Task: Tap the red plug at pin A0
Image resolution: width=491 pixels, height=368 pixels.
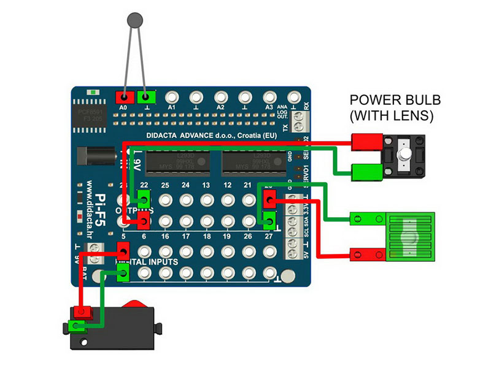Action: [x=125, y=97]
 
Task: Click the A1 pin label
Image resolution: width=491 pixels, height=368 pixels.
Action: [x=172, y=107]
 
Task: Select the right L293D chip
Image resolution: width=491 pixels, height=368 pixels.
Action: [x=253, y=161]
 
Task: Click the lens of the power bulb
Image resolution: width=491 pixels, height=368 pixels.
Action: [x=404, y=154]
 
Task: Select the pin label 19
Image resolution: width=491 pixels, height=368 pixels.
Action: [x=228, y=236]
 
